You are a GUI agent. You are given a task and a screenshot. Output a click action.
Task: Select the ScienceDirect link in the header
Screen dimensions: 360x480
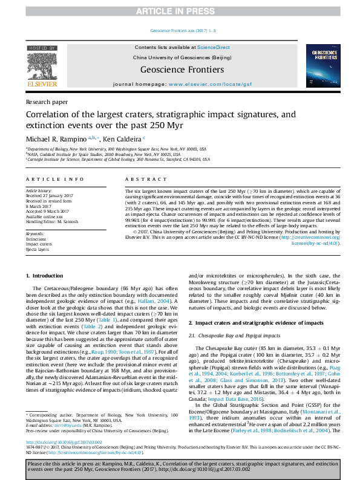pyautogui.click(x=214, y=47)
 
